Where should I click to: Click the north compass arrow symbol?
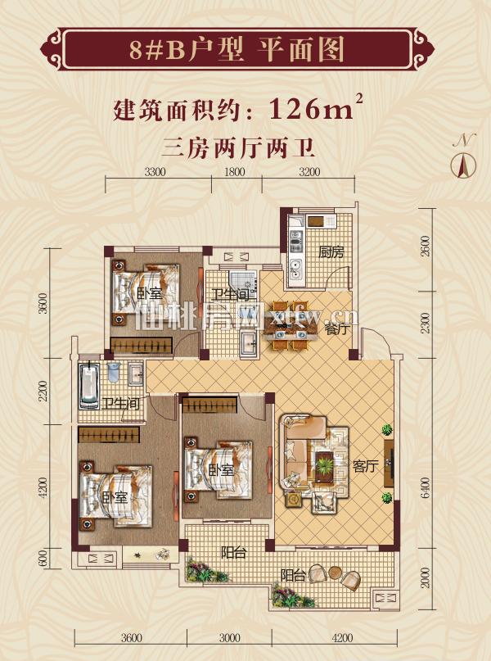coord(463,165)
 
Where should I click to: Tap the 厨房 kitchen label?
coord(331,252)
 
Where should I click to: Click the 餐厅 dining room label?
coord(337,328)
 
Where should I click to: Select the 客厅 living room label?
coord(365,466)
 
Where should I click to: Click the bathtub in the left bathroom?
coord(89,386)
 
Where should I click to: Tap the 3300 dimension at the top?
coord(155,172)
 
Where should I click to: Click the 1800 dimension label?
coord(234,172)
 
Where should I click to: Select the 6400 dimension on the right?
coord(426,487)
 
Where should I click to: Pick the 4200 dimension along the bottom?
coord(342,638)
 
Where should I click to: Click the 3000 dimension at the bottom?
coord(229,638)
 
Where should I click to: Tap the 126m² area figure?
coord(315,108)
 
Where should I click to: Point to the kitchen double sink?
coord(295,269)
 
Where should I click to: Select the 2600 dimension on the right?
coord(426,246)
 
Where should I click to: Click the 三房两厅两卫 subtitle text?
coord(238,148)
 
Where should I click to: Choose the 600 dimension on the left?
coord(43,559)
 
